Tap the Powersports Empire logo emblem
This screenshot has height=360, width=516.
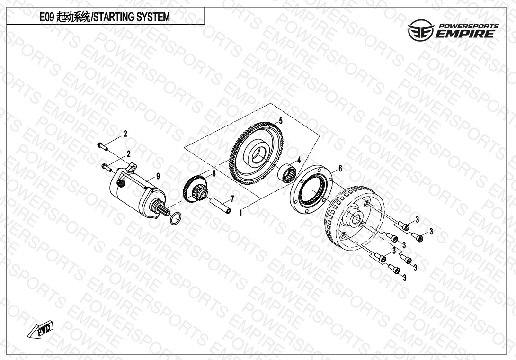(421, 30)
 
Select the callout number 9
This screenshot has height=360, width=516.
(158, 176)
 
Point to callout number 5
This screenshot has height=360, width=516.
(281, 121)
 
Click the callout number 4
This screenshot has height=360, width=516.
(299, 160)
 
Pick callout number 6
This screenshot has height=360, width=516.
(340, 168)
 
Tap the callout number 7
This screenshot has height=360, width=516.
(232, 198)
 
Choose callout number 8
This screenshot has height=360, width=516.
(214, 173)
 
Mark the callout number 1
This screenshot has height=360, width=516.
(240, 213)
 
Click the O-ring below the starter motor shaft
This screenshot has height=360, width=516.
(176, 218)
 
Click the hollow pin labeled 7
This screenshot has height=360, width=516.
(221, 205)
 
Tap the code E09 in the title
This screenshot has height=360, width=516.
(47, 17)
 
